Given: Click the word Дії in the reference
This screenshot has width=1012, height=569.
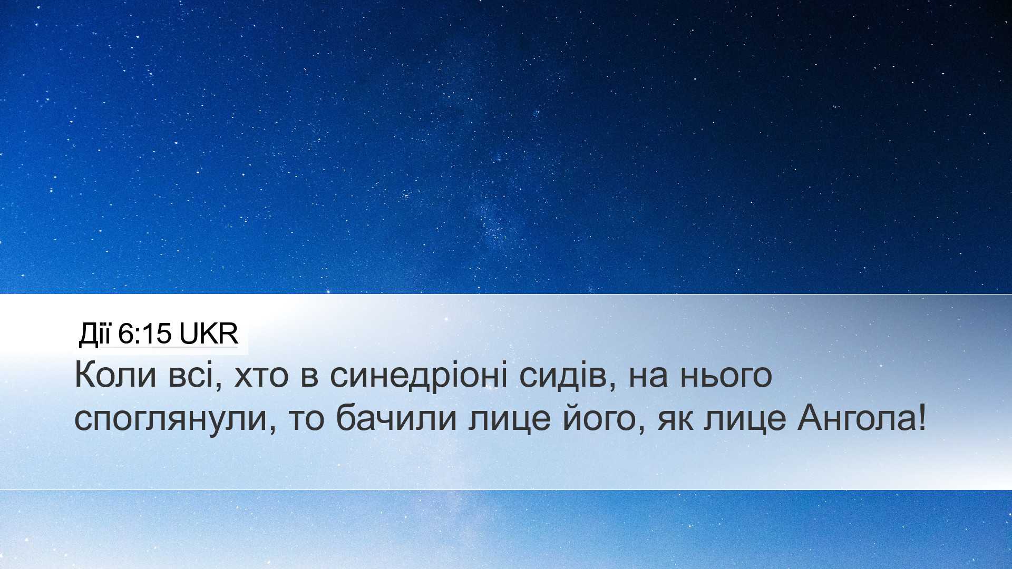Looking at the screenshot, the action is (95, 335).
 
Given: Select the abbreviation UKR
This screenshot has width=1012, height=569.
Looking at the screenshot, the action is (209, 335).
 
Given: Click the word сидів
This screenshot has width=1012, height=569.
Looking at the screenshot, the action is (568, 376).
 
